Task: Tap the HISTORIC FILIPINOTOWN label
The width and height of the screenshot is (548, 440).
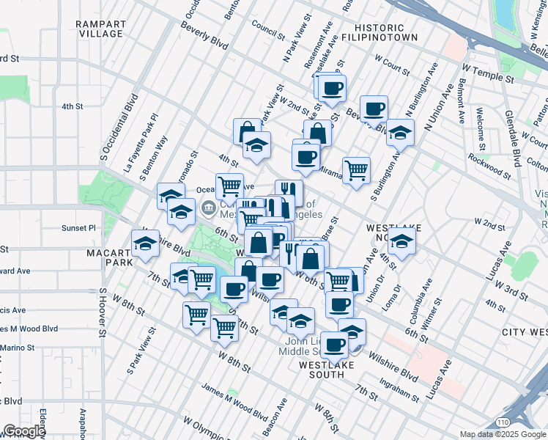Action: click(381, 32)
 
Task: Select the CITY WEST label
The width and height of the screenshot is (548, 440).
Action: click(524, 332)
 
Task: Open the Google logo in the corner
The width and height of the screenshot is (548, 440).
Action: click(24, 432)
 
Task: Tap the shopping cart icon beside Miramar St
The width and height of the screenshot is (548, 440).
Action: click(356, 170)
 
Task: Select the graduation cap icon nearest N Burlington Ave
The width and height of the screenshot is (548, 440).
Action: click(400, 133)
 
